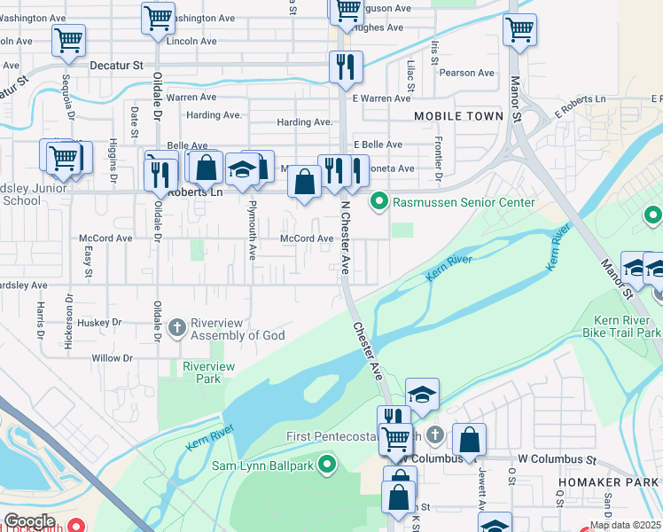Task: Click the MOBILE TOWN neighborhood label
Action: click(x=458, y=116)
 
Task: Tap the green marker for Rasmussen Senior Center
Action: click(x=379, y=202)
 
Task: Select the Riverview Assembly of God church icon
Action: click(x=177, y=328)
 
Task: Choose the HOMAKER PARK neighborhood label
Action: click(x=595, y=481)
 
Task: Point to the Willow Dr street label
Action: click(x=112, y=359)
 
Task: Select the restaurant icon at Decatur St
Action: click(x=345, y=66)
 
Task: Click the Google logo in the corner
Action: click(x=29, y=520)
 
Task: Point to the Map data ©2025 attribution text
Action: click(x=625, y=525)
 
